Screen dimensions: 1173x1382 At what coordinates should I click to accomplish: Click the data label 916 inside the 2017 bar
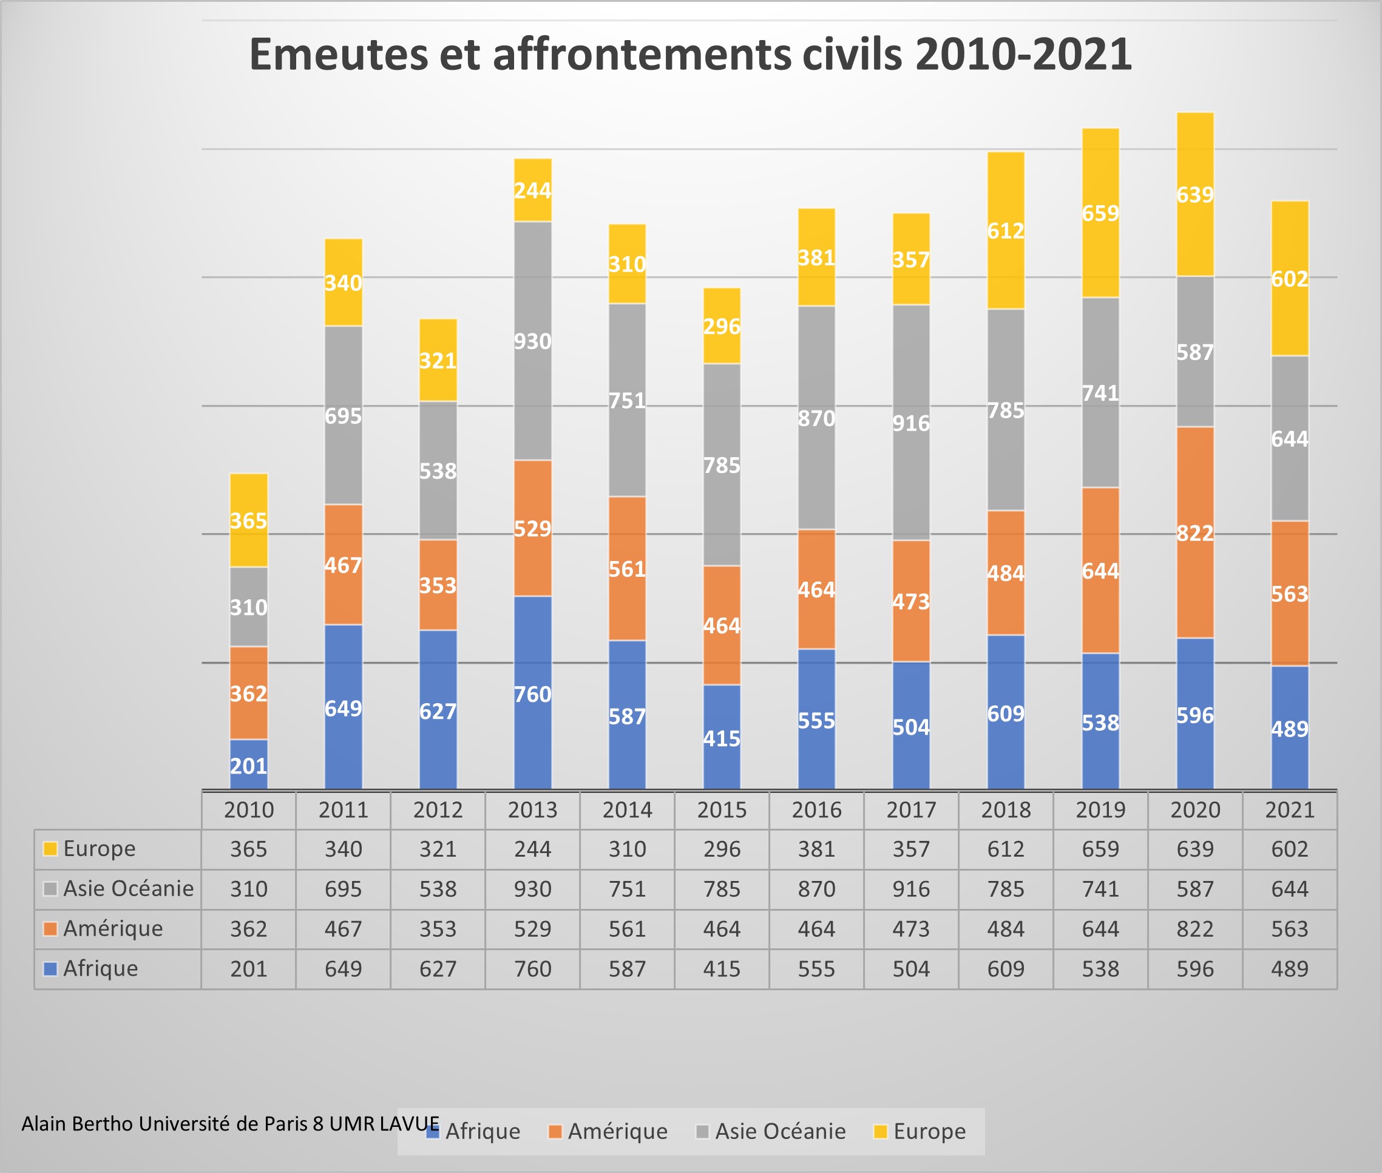click(x=910, y=424)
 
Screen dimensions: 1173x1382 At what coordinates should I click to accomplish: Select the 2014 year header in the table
click(x=627, y=810)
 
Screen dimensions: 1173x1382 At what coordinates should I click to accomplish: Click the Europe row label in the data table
click(x=99, y=849)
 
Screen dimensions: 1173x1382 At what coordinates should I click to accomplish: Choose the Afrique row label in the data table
click(x=100, y=969)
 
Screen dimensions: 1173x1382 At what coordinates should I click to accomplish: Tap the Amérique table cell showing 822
click(x=1194, y=929)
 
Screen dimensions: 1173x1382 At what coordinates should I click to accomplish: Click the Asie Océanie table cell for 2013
click(x=532, y=889)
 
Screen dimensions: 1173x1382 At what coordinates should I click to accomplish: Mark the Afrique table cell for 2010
click(x=249, y=969)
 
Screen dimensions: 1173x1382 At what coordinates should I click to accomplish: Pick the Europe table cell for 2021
click(x=1289, y=849)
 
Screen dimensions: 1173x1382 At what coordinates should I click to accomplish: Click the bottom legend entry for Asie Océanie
click(x=780, y=1131)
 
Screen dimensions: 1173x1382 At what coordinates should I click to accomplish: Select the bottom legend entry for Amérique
click(x=617, y=1131)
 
